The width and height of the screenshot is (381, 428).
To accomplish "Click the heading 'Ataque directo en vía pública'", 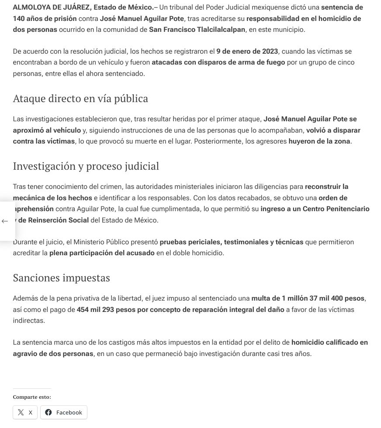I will click(80, 99).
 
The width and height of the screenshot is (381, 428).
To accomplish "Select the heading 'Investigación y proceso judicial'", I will click(86, 166).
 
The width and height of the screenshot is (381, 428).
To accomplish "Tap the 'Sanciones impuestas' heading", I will click(61, 278).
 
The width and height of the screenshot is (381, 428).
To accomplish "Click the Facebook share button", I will click(64, 412).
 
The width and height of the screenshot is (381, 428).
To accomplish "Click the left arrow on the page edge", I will click(5, 221).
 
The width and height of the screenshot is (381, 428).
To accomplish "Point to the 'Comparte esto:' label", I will click(32, 397).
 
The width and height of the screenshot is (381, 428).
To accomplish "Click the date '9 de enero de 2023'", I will click(247, 51).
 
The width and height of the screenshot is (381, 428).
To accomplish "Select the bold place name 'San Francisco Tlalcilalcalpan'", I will click(197, 30).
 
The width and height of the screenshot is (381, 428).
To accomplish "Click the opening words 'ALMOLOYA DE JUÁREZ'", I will click(51, 7).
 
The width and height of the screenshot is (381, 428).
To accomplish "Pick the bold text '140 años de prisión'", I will click(45, 19).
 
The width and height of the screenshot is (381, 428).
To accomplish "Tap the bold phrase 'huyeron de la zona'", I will click(319, 141).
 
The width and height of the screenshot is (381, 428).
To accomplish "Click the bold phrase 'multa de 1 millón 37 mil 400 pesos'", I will click(308, 298).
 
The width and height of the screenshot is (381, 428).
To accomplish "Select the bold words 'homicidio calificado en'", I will click(329, 342).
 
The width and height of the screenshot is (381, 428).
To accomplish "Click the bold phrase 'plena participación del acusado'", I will click(102, 253).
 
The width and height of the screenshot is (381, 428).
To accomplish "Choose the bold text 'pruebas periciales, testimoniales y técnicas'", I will click(231, 242).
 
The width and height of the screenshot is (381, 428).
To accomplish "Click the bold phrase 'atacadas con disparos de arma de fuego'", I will click(218, 62).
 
